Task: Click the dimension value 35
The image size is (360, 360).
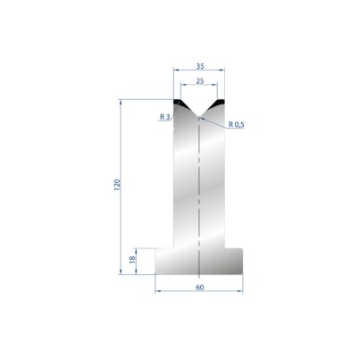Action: click(200, 66)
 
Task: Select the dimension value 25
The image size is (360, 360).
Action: click(200, 80)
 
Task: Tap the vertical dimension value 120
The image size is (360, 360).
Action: click(117, 185)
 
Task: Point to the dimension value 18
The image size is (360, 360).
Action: click(132, 259)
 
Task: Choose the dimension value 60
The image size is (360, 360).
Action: click(200, 288)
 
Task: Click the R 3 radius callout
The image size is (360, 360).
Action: click(164, 117)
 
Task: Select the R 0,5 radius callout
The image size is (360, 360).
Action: click(237, 124)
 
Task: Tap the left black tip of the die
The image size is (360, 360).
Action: click(179, 103)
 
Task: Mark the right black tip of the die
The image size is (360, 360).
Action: click(220, 103)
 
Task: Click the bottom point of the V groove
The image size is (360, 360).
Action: click(199, 117)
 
